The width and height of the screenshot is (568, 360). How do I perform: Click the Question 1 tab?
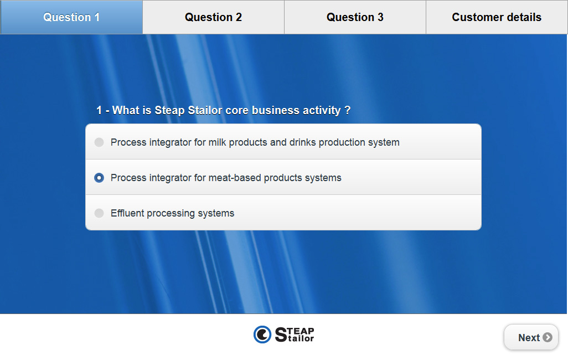coord(71,17)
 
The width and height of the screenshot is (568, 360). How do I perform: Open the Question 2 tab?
coord(213,17)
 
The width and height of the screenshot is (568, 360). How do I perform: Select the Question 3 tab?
coord(355,17)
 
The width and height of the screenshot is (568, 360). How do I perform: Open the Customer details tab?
coord(497,17)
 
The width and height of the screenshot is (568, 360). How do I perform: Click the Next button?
coord(531,337)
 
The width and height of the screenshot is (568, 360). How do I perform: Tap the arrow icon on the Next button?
coord(548,337)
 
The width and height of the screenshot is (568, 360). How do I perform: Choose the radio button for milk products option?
coord(99,142)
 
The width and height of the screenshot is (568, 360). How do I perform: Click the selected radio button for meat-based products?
coord(99,178)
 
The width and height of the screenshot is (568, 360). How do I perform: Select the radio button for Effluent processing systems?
coord(99,213)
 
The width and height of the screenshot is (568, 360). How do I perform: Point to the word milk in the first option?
coord(218,142)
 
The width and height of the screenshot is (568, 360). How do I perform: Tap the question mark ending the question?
coord(348,110)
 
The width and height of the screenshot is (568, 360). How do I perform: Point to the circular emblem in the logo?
coord(262,335)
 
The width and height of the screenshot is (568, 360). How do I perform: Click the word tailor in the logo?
coord(301,338)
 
